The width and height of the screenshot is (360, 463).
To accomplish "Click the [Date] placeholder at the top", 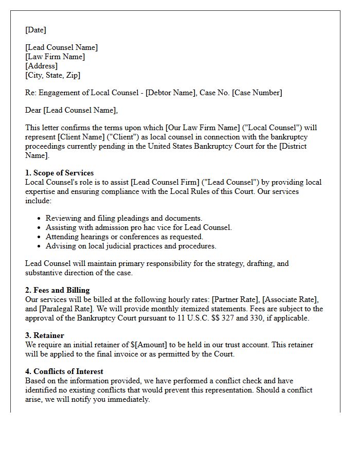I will pyautogui.click(x=35, y=30).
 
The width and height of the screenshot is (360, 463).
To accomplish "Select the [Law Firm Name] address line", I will pyautogui.click(x=55, y=57).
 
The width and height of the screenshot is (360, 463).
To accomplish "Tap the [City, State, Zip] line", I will pyautogui.click(x=52, y=75).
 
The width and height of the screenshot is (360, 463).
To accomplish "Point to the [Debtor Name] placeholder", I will pyautogui.click(x=173, y=93).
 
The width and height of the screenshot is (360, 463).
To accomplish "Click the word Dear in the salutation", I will pyautogui.click(x=33, y=110).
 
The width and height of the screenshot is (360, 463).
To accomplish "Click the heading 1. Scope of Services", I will pyautogui.click(x=59, y=173).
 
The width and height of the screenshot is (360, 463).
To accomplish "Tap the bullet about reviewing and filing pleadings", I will pyautogui.click(x=123, y=218).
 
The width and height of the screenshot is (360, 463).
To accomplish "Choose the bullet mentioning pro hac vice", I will pyautogui.click(x=138, y=227).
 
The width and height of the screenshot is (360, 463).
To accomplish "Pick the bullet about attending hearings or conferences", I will pyautogui.click(x=124, y=237).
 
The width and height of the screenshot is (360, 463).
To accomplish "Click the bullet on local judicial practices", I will pyautogui.click(x=131, y=246).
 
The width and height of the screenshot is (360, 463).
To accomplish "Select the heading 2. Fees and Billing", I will pyautogui.click(x=57, y=290).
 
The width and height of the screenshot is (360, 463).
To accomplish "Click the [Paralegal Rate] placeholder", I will pyautogui.click(x=62, y=309).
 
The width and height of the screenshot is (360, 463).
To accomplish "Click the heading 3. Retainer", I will pyautogui.click(x=44, y=335).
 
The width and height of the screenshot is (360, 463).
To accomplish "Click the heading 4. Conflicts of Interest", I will pyautogui.click(x=64, y=371).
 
